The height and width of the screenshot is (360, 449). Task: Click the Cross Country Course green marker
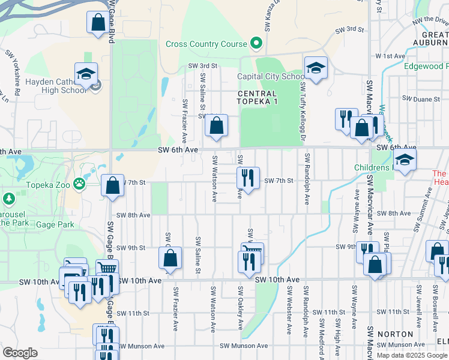(x=256, y=43)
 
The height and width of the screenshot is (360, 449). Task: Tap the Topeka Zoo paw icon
(x=79, y=182)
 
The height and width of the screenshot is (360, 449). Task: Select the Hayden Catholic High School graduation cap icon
(x=86, y=74)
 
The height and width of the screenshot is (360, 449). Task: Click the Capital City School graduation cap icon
(x=315, y=68)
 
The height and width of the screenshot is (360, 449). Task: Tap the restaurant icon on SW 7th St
(x=247, y=178)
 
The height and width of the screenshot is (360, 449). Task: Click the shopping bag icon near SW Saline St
(x=216, y=125)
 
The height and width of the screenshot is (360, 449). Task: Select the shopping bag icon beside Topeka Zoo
(x=112, y=185)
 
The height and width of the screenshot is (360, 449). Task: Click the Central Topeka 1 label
(x=257, y=98)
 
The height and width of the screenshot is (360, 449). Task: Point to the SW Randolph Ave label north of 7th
(x=307, y=179)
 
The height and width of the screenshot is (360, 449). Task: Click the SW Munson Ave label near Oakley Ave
(x=243, y=346)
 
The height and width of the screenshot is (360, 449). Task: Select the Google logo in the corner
(x=20, y=353)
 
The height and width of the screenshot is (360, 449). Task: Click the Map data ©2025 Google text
(x=412, y=355)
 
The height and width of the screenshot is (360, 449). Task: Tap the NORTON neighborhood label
(x=396, y=334)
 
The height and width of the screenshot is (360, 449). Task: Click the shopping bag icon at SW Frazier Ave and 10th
(x=170, y=259)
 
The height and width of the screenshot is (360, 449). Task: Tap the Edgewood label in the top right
(x=426, y=66)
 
